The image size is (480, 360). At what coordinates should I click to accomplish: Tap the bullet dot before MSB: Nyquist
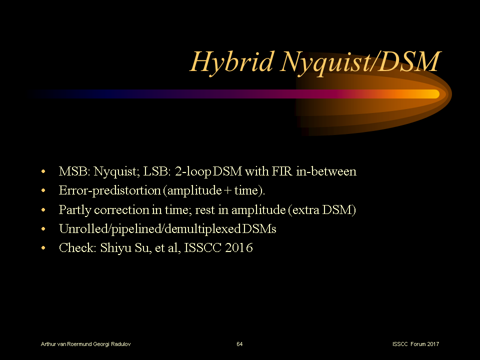click(x=44, y=172)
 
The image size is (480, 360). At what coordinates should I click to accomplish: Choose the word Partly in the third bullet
click(x=74, y=210)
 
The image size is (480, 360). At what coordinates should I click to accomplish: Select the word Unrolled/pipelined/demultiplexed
click(x=150, y=229)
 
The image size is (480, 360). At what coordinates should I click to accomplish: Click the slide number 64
click(x=239, y=344)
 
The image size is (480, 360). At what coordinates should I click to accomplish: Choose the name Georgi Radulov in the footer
click(x=114, y=344)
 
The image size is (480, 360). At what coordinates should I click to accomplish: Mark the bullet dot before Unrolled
click(x=44, y=229)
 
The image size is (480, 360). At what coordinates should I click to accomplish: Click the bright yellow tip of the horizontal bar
click(x=431, y=94)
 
